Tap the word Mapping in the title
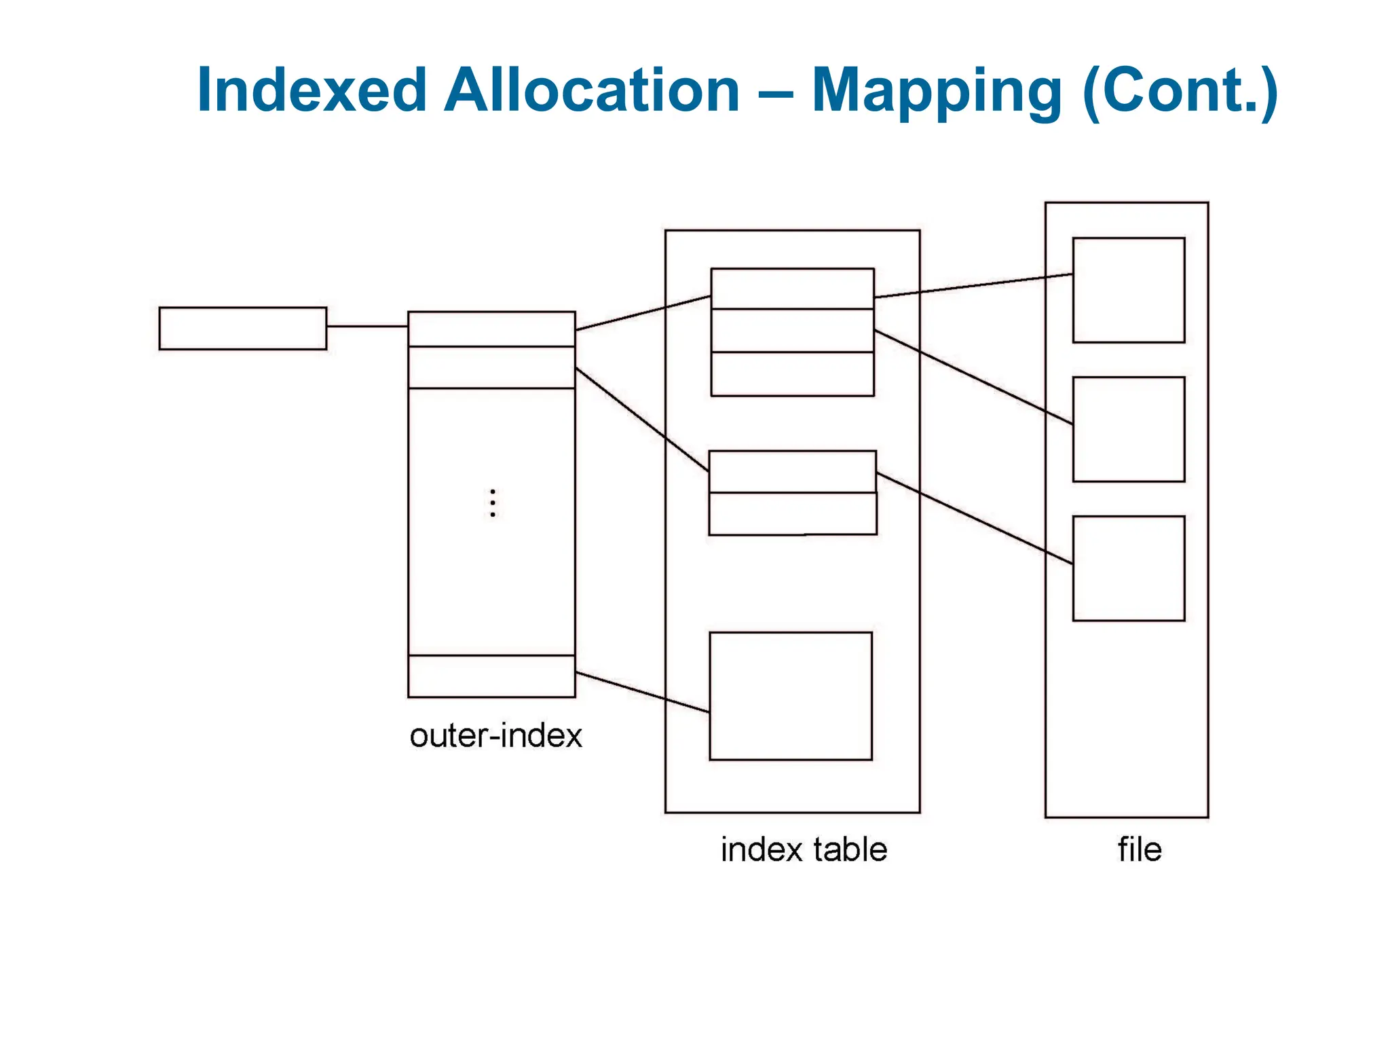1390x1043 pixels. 937,92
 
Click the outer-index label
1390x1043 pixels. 495,736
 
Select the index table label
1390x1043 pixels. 804,849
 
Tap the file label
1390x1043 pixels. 1140,849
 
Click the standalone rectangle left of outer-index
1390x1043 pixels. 242,329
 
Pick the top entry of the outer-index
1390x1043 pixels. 491,329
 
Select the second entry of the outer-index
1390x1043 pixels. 491,367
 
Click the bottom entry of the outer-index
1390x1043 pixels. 491,676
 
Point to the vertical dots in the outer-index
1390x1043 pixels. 493,503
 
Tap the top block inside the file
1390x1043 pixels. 1128,290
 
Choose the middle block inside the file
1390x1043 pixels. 1128,429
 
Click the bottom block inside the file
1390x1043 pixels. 1128,568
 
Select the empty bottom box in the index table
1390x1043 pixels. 791,696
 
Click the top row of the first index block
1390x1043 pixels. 792,289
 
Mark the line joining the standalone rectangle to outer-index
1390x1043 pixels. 367,327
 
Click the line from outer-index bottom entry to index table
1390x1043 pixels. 642,692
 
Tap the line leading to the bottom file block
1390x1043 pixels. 975,518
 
